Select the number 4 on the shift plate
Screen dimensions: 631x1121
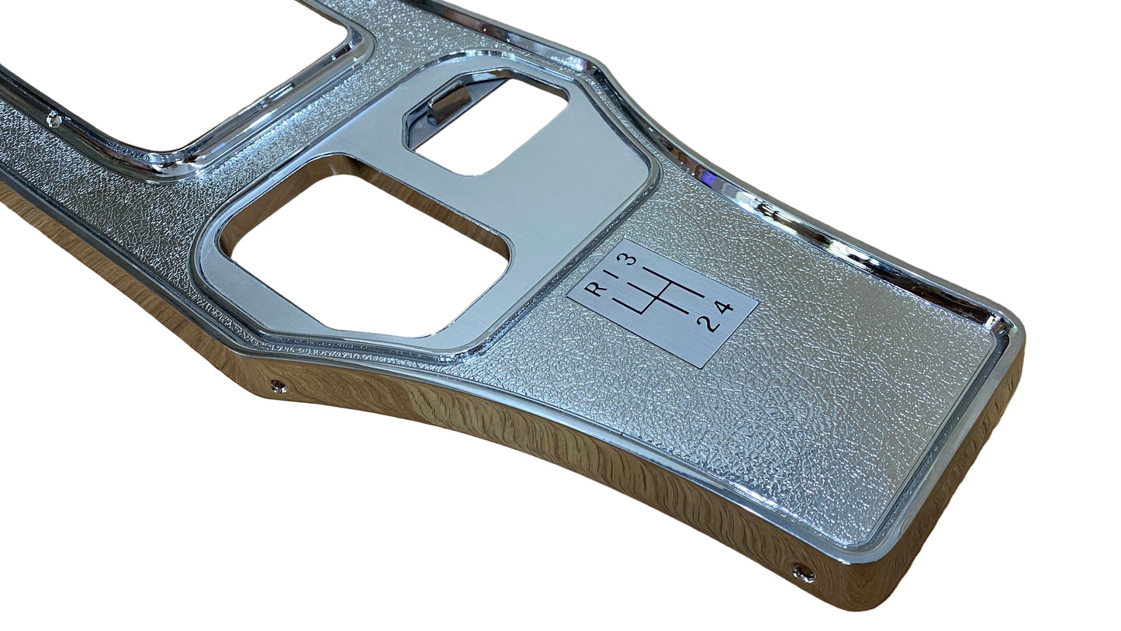723,308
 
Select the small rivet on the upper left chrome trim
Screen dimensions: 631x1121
53,120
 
